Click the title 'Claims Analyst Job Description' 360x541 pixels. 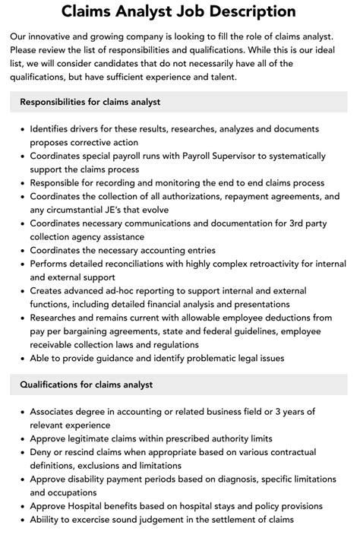pyautogui.click(x=180, y=11)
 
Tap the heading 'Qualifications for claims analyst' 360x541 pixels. pyautogui.click(x=87, y=384)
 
